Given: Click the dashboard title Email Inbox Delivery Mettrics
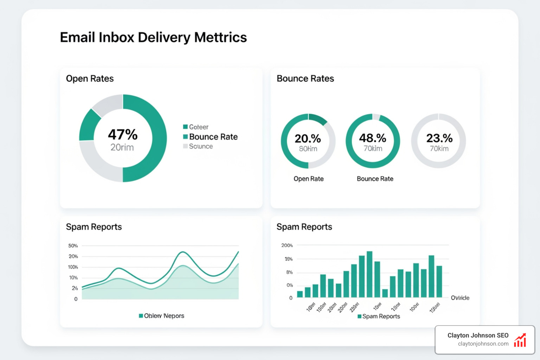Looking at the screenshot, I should pyautogui.click(x=153, y=37).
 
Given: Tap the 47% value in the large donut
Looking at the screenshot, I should pyautogui.click(x=123, y=134).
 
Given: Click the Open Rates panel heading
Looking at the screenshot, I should pyautogui.click(x=90, y=78).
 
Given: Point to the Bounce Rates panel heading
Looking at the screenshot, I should pyautogui.click(x=305, y=78).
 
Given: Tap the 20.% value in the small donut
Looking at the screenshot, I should pyautogui.click(x=308, y=139).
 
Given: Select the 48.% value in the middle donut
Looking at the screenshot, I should pyautogui.click(x=373, y=138).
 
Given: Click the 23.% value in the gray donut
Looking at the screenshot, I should pyautogui.click(x=439, y=138).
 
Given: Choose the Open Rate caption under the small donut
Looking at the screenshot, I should pyautogui.click(x=308, y=179).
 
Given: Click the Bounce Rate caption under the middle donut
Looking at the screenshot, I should pyautogui.click(x=375, y=179).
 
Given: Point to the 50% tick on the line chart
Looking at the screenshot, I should pyautogui.click(x=73, y=246).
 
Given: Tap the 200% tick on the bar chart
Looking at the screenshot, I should pyautogui.click(x=287, y=245).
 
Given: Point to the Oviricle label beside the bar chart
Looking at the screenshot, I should pyautogui.click(x=460, y=298).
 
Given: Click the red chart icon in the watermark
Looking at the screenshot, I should pyautogui.click(x=520, y=340).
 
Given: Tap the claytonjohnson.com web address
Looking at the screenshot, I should pyautogui.click(x=483, y=344).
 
